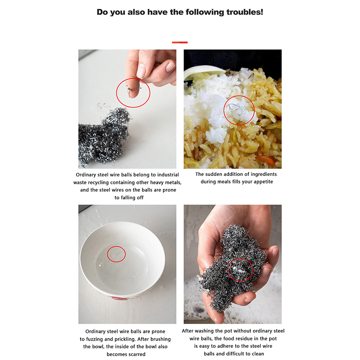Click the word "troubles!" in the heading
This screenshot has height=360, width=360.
click(x=245, y=12)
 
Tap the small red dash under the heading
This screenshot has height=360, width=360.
click(x=180, y=42)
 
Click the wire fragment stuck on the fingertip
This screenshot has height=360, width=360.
click(x=133, y=90)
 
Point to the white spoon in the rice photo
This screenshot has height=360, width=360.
click(x=202, y=71)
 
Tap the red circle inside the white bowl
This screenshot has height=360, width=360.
click(x=117, y=254)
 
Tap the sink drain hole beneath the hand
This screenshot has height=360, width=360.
click(x=199, y=310)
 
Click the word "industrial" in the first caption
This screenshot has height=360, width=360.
click(x=168, y=175)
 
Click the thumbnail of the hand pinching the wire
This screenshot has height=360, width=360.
click(x=127, y=109)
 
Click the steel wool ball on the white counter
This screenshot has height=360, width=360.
click(x=103, y=138)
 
